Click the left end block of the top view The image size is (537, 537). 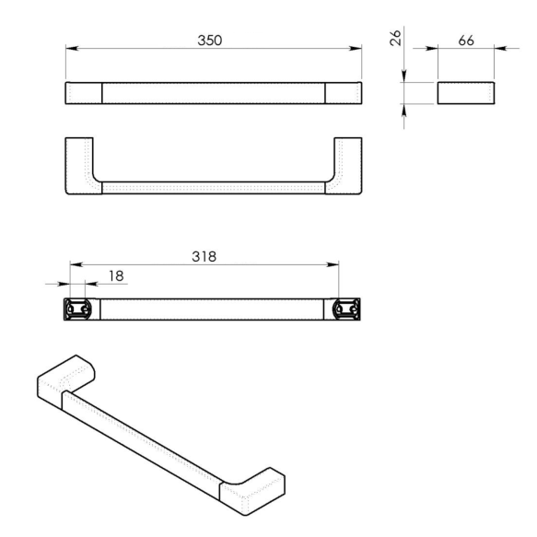click(x=83, y=93)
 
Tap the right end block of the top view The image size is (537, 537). click(x=343, y=93)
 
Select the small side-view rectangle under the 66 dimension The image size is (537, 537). click(x=465, y=92)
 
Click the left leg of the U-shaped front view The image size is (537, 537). click(x=80, y=166)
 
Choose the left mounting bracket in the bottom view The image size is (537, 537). click(x=76, y=309)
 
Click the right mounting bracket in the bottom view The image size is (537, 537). click(x=348, y=309)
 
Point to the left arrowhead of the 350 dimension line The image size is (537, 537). click(x=70, y=51)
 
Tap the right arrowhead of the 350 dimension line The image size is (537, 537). click(x=356, y=51)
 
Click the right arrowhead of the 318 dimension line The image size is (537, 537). click(x=334, y=265)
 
